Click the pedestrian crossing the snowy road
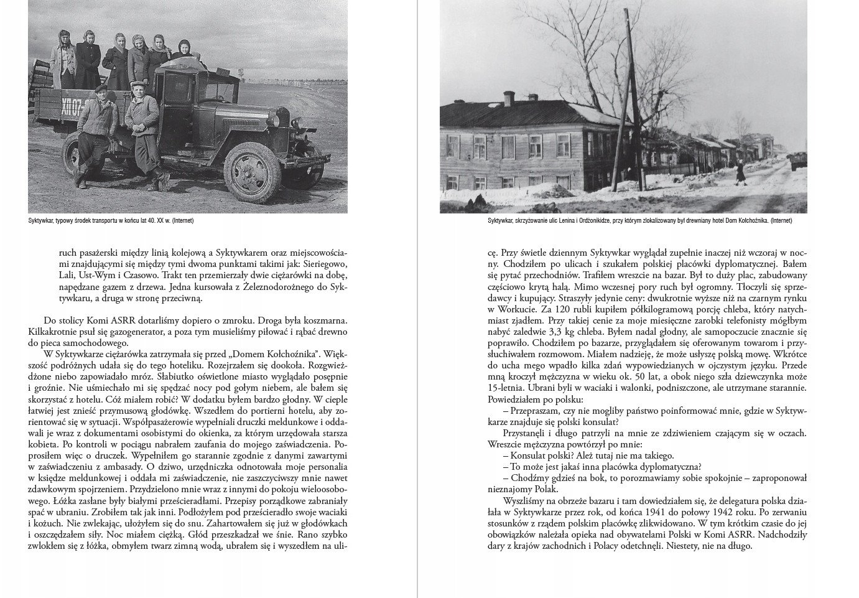[740, 173]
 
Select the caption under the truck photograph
[115, 221]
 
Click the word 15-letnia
[508, 388]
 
